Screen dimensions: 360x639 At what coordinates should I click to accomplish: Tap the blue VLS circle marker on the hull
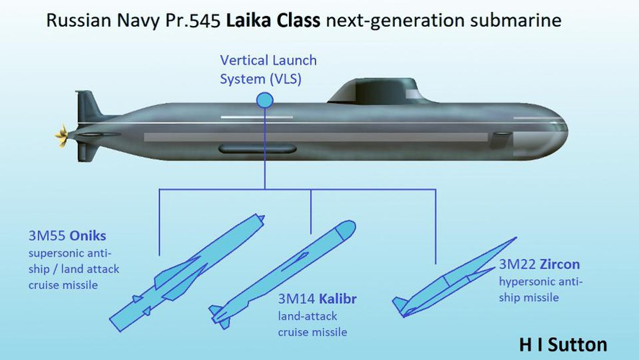point(264,100)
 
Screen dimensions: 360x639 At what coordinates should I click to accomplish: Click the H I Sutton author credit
point(563,344)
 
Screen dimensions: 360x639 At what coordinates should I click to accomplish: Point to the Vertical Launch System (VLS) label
point(268,69)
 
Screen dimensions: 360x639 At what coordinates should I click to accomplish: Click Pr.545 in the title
point(194,20)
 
